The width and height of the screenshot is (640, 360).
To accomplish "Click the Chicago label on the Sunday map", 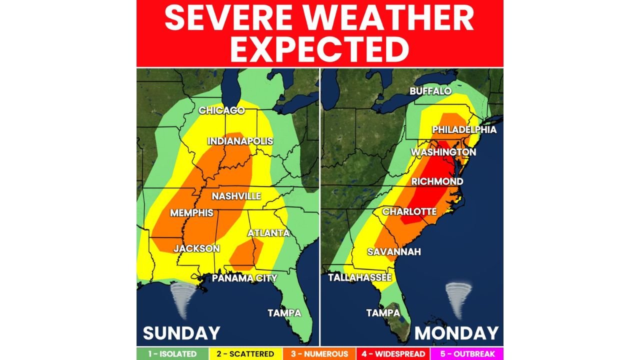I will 221,110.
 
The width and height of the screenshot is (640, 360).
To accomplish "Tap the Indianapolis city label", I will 240,141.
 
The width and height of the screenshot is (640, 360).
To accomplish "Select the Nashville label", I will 236,196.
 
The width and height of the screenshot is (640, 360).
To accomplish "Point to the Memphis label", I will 191,213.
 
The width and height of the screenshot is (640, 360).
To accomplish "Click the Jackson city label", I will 196,248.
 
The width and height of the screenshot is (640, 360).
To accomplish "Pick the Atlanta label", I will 268,233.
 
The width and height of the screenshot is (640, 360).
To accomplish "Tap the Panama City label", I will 244,278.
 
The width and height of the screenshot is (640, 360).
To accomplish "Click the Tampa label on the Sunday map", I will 284,313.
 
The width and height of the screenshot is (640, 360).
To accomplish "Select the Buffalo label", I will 430,91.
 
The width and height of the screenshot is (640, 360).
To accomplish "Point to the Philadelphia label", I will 464,130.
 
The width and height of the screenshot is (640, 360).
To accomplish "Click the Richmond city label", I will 437,181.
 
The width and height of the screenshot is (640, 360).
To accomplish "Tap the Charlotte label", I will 409,212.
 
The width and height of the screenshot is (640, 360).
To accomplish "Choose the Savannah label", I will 394,251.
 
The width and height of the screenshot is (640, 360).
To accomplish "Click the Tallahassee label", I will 360,277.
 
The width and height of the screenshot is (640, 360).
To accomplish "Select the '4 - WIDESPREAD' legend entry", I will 392,354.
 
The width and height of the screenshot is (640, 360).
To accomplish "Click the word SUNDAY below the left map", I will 181,333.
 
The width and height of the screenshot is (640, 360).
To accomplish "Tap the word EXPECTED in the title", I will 319,49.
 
